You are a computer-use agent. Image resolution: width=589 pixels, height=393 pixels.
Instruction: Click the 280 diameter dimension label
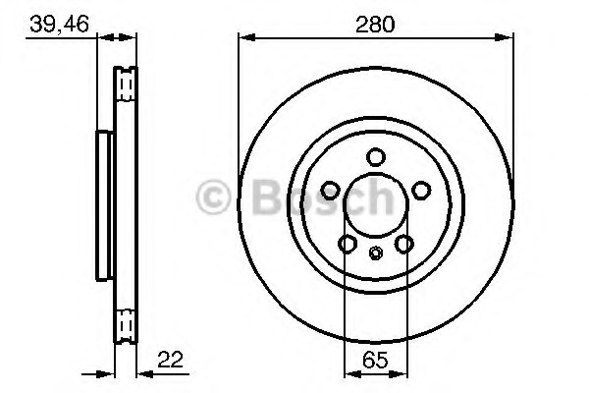point(375,25)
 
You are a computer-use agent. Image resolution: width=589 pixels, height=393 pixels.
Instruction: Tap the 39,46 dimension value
point(59,24)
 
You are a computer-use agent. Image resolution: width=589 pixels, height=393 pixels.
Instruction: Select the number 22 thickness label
point(170,360)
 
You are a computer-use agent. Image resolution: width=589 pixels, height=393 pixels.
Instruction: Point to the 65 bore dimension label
point(375,361)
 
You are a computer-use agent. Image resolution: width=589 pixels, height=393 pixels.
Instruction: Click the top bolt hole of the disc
point(376,157)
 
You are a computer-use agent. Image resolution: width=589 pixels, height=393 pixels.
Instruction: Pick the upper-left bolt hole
point(331,191)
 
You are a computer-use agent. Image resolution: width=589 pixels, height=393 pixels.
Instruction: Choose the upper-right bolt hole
point(421,191)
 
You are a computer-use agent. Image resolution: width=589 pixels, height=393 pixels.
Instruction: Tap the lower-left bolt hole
point(348,244)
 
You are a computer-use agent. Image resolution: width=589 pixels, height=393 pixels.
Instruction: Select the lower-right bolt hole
point(404,244)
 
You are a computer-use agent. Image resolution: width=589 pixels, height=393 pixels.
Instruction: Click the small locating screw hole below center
point(376,253)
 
